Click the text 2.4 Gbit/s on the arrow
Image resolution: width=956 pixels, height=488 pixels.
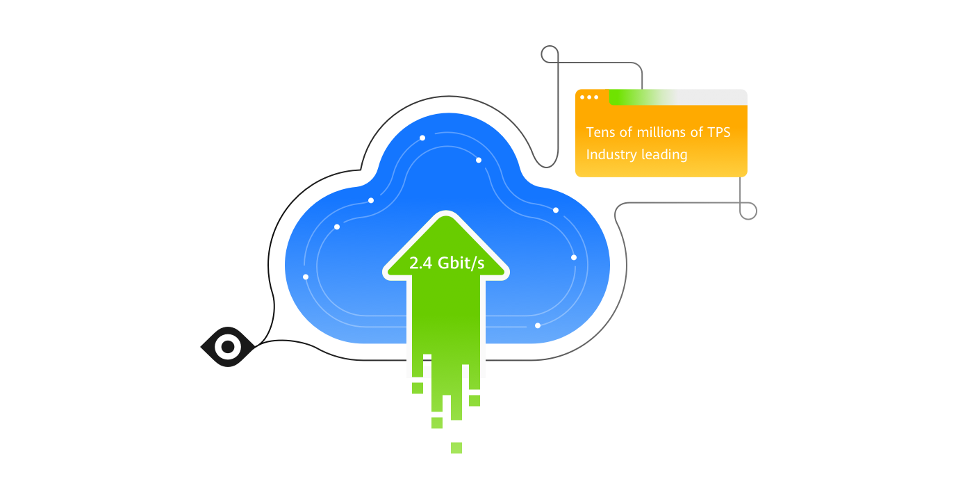pos(447,263)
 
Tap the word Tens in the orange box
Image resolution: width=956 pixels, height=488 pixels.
pos(601,132)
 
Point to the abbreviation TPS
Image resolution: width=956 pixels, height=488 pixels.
pos(718,132)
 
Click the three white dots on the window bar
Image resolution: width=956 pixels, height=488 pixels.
pos(589,97)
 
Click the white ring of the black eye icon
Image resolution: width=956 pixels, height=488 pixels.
pos(227,346)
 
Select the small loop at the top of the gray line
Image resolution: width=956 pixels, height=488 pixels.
pos(550,54)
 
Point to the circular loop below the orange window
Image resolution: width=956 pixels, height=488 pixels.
pos(748,211)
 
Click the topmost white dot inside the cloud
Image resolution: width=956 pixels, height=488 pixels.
pos(422,138)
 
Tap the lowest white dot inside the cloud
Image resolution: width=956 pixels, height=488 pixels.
pos(538,325)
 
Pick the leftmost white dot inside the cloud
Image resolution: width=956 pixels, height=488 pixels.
pos(306,277)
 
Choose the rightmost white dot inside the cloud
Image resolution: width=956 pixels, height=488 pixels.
pos(574,257)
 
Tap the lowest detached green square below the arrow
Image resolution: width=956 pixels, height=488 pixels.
pos(456,448)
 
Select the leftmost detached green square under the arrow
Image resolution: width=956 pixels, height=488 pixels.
pos(418,388)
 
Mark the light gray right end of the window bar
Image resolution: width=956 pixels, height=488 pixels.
pos(723,97)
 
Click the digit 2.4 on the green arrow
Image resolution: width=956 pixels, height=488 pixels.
pos(420,263)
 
